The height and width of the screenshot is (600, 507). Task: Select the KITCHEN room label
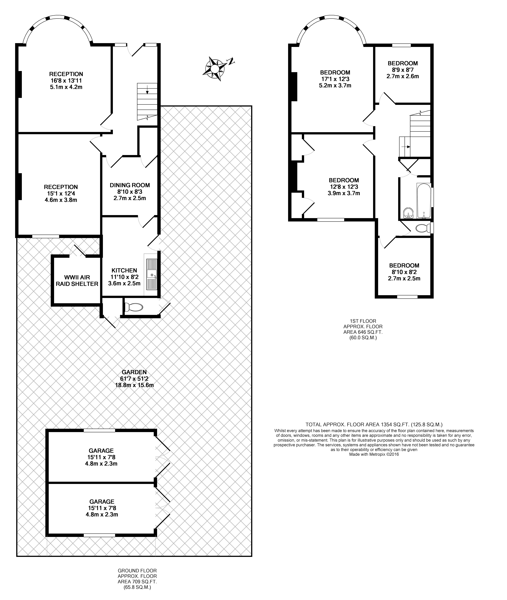(124, 270)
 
